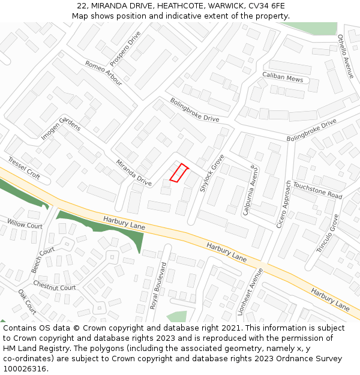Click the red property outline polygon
coord(179,172)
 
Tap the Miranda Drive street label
coord(134,172)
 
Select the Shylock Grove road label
coord(212,173)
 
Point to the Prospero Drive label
coord(125,49)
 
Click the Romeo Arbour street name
coord(103,73)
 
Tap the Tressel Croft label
coord(24,169)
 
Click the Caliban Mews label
coord(283,77)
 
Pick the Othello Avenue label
coord(346,56)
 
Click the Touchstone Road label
coord(317,191)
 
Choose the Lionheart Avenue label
coord(256,292)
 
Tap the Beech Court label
coord(43,260)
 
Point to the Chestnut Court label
coord(55,284)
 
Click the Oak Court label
coord(27,302)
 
